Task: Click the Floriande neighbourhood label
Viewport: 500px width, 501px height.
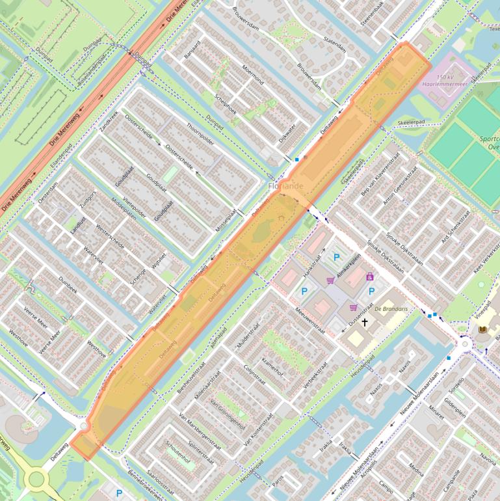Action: pyautogui.click(x=285, y=186)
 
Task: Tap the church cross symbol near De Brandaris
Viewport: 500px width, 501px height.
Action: pyautogui.click(x=365, y=322)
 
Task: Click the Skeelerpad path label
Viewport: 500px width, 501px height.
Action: pyautogui.click(x=411, y=122)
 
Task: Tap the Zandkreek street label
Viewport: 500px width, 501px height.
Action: pyautogui.click(x=109, y=122)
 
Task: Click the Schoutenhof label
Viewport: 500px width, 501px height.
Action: pyautogui.click(x=178, y=449)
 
